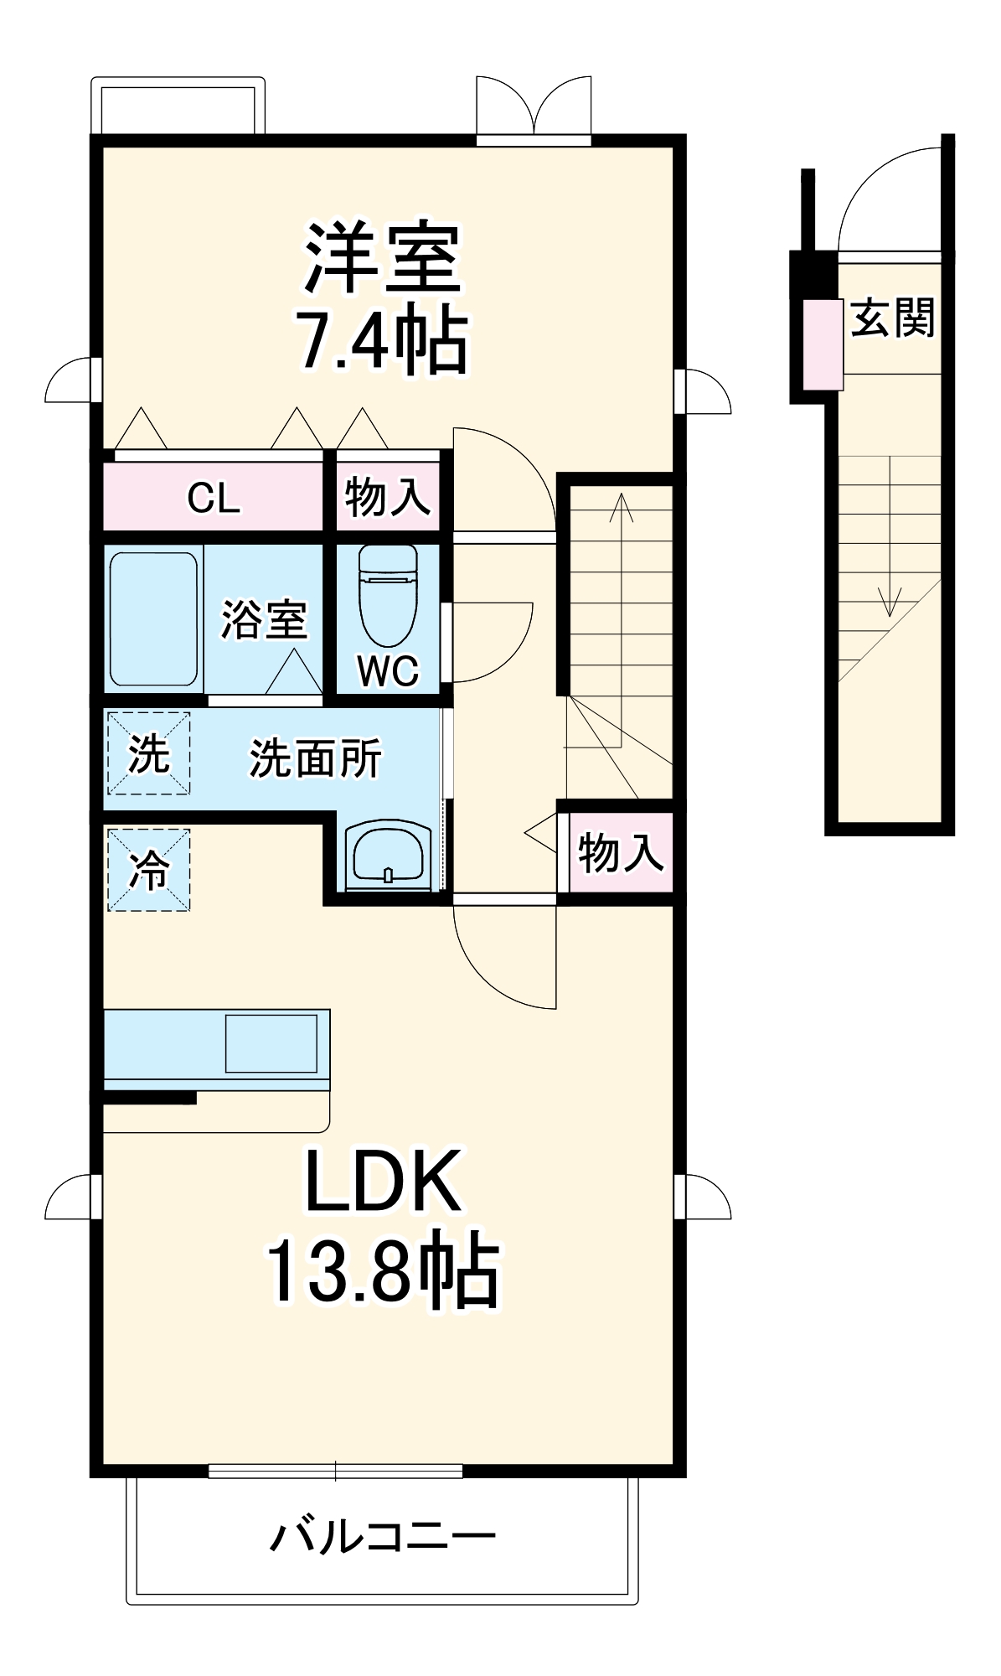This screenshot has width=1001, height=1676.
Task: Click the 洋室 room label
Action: click(382, 257)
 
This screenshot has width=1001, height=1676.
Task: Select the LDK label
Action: click(383, 1182)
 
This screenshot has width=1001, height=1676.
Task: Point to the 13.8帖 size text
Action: click(383, 1270)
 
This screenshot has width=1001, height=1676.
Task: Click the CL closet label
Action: click(214, 499)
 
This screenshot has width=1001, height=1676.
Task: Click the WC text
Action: click(388, 670)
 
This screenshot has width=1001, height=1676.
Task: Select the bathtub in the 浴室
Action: click(153, 618)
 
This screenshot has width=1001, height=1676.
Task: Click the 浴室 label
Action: click(264, 620)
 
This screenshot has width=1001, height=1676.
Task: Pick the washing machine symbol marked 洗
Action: click(149, 753)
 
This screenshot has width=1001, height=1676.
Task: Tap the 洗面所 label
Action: click(316, 758)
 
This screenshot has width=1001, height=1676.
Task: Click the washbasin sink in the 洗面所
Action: click(389, 853)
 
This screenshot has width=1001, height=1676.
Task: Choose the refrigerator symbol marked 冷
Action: click(149, 870)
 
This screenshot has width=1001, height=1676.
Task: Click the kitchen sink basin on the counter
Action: click(271, 1043)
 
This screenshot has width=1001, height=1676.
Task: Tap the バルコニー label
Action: click(383, 1536)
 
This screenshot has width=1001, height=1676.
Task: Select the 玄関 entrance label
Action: click(892, 318)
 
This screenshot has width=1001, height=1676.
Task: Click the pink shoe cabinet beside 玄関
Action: click(823, 344)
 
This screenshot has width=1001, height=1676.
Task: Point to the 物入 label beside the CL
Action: click(388, 497)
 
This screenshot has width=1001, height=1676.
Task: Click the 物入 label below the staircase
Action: click(621, 853)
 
